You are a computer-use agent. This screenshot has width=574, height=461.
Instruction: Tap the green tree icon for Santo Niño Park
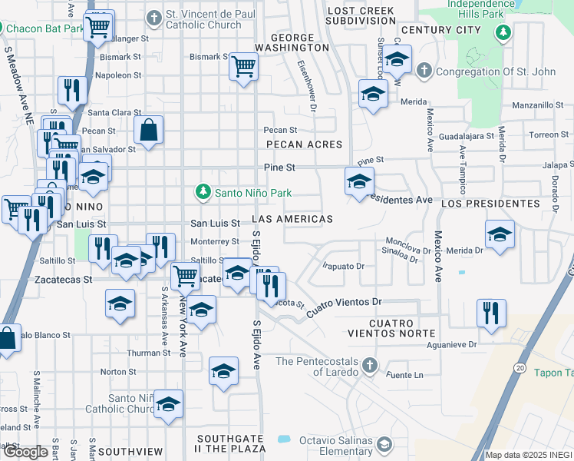(x=203, y=191)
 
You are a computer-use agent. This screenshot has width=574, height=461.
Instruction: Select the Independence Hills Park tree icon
(x=503, y=32)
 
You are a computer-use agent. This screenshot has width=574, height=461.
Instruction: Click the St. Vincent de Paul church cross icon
(x=155, y=16)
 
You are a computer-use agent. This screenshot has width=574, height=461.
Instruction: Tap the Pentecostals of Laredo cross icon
(x=369, y=364)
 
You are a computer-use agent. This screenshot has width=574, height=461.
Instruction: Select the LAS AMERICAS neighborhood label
(x=292, y=219)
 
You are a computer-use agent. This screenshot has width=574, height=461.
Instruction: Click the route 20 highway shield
(x=520, y=369)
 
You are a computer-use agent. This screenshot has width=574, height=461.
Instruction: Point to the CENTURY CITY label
(x=440, y=30)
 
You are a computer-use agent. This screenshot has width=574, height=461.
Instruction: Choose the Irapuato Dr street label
(x=342, y=266)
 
